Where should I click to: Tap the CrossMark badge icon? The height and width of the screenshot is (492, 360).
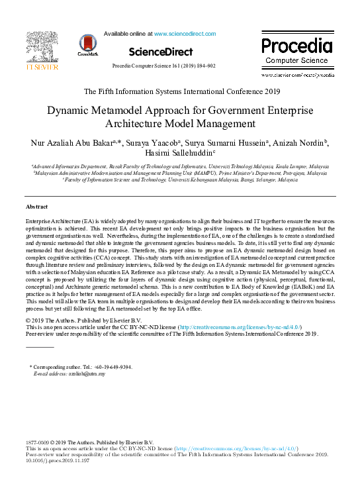coord(87,44)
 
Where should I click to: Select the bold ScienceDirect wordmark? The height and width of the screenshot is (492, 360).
coord(161,52)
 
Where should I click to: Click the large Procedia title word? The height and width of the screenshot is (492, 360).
coord(296,46)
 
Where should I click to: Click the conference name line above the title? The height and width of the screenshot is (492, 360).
coord(181,91)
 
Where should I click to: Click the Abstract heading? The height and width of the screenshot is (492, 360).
coord(36,207)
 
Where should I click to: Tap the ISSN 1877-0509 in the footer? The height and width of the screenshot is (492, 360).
coord(38,442)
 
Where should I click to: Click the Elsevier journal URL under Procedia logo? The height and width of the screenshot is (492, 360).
coord(297,75)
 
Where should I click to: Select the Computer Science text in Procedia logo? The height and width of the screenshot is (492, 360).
coord(296,60)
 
